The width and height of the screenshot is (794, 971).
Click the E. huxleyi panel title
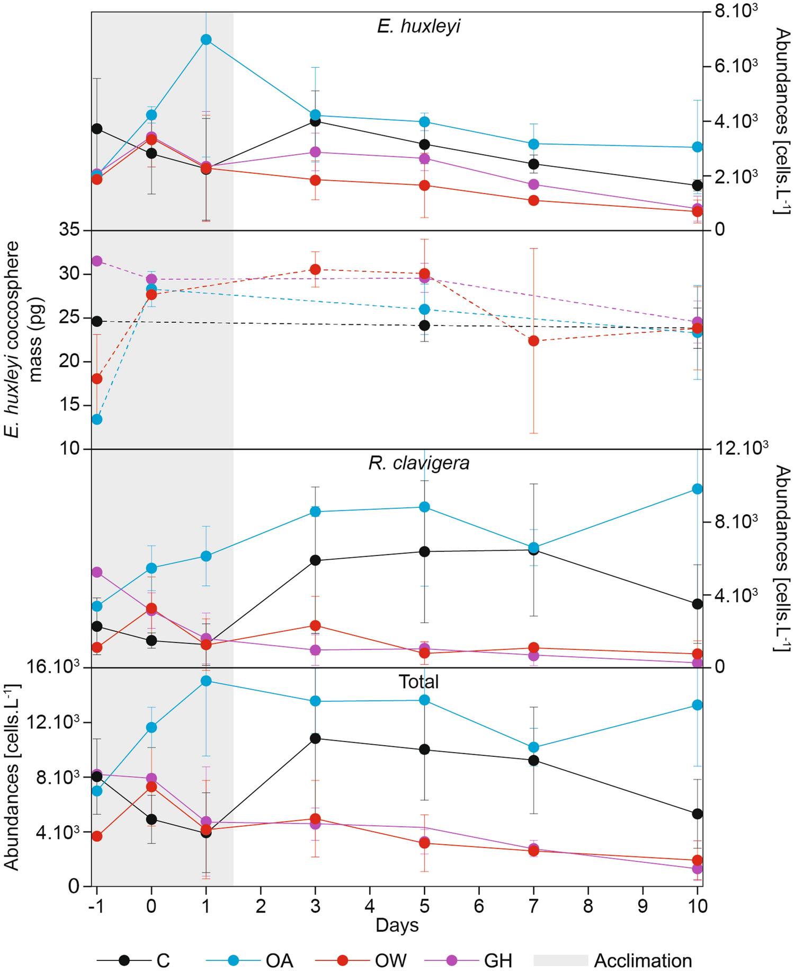[x=418, y=26]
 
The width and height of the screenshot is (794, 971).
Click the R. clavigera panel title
[x=418, y=463]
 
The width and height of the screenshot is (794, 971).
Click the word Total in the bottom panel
[x=418, y=682]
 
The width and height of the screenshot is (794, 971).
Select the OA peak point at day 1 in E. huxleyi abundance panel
[x=206, y=40]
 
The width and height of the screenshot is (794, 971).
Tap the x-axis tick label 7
[x=533, y=906]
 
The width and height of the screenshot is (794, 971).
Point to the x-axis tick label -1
[x=96, y=906]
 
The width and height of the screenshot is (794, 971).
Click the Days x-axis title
[x=397, y=925]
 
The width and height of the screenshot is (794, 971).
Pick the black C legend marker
[x=124, y=960]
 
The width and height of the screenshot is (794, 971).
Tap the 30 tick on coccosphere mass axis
[x=69, y=274]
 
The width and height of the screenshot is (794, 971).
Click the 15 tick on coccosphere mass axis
[x=69, y=405]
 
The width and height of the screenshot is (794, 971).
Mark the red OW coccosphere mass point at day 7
[x=533, y=341]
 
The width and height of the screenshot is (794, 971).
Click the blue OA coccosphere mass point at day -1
[x=96, y=419]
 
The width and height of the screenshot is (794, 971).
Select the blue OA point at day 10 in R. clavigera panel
[x=698, y=489]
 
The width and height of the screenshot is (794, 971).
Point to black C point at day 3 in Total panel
[x=315, y=738]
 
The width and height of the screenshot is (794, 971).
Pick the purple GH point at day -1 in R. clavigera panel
[x=96, y=572]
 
